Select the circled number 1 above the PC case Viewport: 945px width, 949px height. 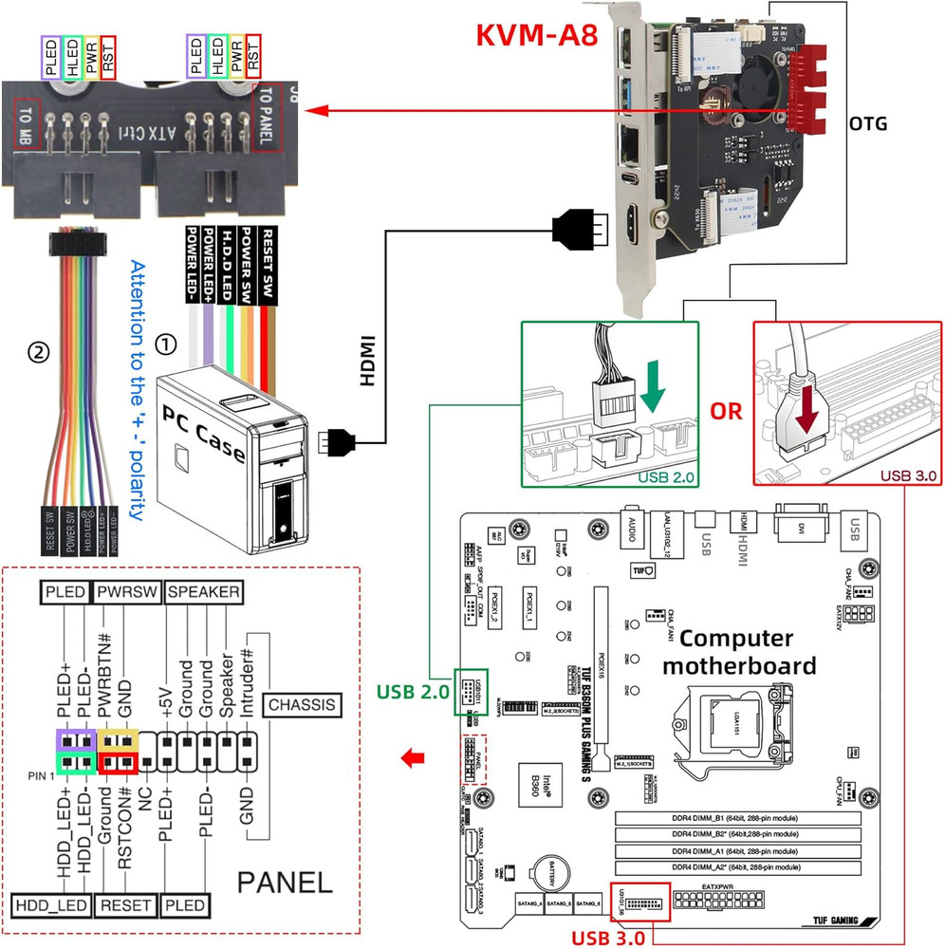click(x=166, y=343)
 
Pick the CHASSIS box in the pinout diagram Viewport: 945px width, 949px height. click(x=302, y=704)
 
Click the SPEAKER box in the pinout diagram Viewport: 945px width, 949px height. click(x=203, y=591)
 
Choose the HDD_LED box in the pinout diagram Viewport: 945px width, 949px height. click(x=51, y=905)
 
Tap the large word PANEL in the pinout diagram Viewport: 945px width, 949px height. click(x=285, y=883)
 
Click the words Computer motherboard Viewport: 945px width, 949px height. click(x=738, y=651)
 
